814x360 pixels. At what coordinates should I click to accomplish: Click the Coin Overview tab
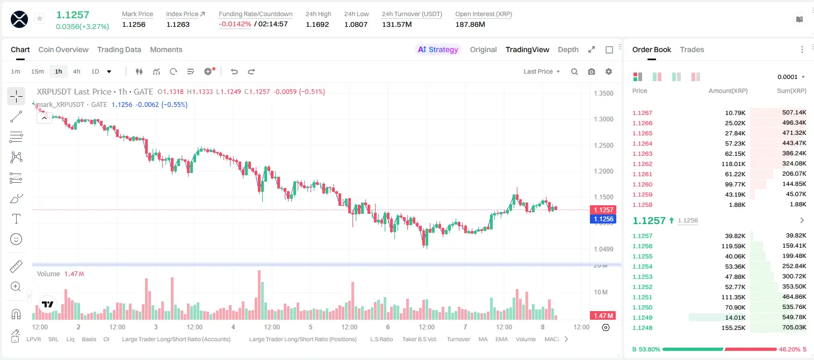[63, 49]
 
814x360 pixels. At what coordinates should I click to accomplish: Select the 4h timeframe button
[76, 71]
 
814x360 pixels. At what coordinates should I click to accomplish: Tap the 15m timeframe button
[37, 71]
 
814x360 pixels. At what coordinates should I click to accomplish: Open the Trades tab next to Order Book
[692, 49]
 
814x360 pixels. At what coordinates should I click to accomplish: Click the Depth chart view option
[568, 49]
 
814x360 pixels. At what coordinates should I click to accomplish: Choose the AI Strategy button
[438, 49]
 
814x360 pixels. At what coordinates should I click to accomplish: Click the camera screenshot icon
[591, 71]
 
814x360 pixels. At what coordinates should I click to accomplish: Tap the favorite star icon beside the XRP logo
[40, 18]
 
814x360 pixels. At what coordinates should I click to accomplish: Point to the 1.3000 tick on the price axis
[603, 119]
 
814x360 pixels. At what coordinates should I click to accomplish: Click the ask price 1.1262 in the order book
[642, 164]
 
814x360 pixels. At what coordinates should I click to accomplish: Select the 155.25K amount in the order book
[733, 328]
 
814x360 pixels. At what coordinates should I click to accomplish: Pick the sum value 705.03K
[794, 327]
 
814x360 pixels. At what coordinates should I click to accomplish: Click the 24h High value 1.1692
[317, 24]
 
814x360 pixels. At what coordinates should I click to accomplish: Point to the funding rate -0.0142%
[235, 24]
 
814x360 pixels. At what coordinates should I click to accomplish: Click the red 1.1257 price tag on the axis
[603, 210]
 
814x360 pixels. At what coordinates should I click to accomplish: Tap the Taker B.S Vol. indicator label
[419, 339]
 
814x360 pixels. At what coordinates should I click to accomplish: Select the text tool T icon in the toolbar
[16, 219]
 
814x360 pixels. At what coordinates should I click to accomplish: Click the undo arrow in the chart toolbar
[234, 71]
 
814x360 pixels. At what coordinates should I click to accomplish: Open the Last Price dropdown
[542, 71]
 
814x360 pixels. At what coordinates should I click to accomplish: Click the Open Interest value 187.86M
[470, 24]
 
